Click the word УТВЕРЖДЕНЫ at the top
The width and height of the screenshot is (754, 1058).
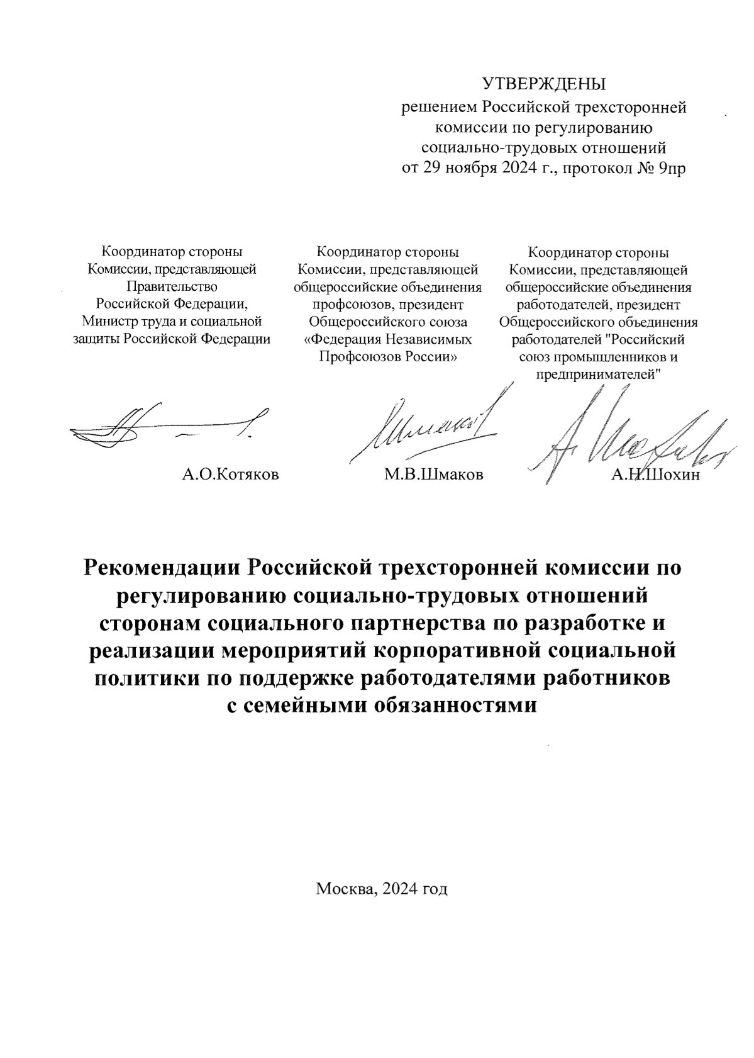[544, 84]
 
